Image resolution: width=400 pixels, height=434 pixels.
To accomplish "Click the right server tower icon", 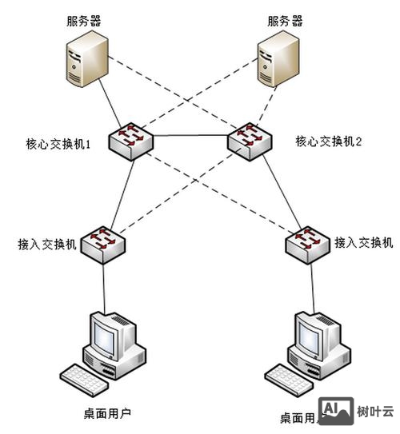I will [x=278, y=62].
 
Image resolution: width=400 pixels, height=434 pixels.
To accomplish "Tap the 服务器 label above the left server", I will [x=84, y=20].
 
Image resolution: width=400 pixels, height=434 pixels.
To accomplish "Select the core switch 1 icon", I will [x=128, y=137].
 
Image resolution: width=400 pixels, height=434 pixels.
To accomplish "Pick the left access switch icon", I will [x=102, y=239].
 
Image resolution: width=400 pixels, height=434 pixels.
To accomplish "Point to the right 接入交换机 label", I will [x=363, y=241].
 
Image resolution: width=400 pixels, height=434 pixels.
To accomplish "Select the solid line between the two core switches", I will [x=188, y=136].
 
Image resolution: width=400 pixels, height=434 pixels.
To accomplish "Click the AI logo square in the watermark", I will [x=337, y=411].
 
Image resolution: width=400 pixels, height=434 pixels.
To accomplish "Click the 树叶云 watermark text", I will [x=375, y=412].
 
